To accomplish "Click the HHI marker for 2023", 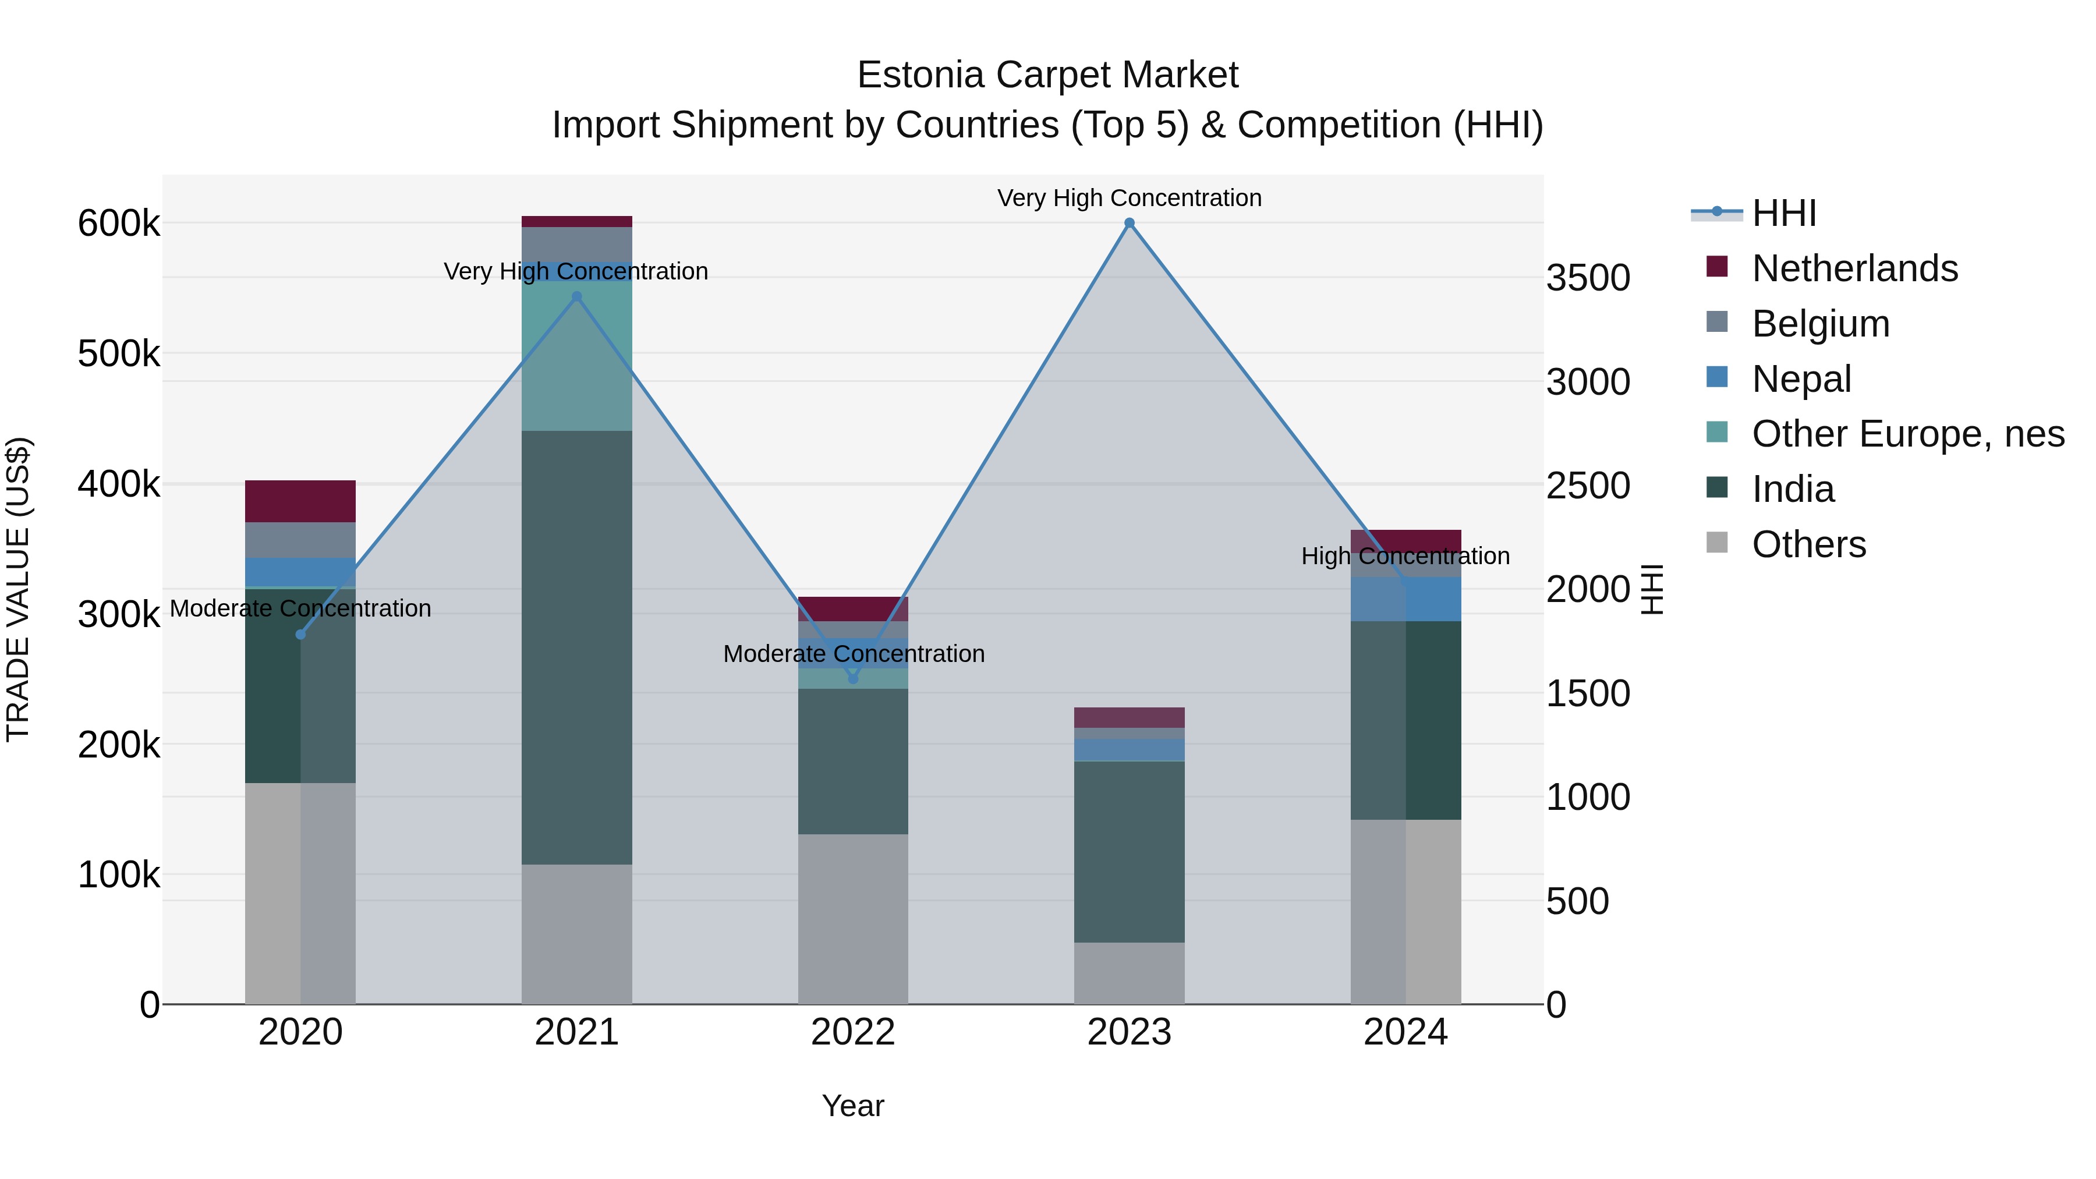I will (1130, 223).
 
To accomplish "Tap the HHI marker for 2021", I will (577, 297).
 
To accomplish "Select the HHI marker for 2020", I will (300, 635).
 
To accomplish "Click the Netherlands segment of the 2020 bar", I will (300, 501).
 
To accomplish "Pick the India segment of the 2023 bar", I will (1130, 851).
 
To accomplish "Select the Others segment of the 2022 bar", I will (853, 919).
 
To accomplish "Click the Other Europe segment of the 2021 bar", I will (577, 356).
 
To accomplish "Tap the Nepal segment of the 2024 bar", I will (1405, 600).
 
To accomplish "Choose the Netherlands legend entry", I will (1854, 268).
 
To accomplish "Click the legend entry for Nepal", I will (1801, 379).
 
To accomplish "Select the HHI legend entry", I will (1783, 213).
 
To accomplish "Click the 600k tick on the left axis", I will (119, 224).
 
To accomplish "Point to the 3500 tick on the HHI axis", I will (1588, 278).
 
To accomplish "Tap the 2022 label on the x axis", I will (853, 1032).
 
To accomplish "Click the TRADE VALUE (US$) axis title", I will (18, 589).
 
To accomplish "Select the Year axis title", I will (853, 1106).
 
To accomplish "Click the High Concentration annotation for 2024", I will (1405, 557).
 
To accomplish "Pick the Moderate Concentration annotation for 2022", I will (854, 654).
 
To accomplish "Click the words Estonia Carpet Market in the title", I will (1047, 75).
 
